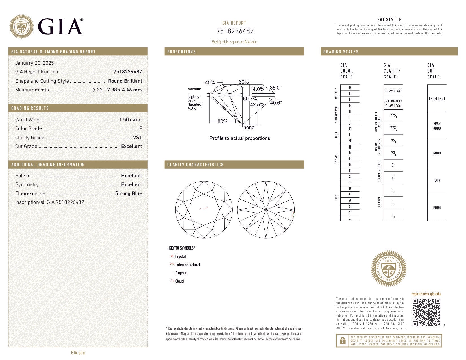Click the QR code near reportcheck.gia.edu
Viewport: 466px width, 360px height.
[426, 312]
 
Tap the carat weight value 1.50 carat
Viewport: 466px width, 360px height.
[130, 120]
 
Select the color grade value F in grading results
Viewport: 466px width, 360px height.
[140, 128]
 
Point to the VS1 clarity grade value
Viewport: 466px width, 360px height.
[137, 138]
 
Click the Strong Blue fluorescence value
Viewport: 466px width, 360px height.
[128, 193]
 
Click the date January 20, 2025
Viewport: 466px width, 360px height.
[34, 63]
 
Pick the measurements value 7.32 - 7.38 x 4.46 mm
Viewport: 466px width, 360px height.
[117, 90]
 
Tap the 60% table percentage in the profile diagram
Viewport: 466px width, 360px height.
[243, 82]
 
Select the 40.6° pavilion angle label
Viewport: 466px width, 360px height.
[276, 103]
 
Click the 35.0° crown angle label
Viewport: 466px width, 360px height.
[275, 88]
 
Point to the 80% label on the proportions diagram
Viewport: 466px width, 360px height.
[222, 121]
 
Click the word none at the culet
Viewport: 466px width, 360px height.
[249, 128]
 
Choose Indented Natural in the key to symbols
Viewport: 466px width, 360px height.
[188, 265]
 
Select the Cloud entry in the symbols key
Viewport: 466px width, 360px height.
[179, 281]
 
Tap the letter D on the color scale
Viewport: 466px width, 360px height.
[350, 88]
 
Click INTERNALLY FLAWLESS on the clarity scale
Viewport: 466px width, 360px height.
[393, 103]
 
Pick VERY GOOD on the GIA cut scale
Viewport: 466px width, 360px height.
[437, 126]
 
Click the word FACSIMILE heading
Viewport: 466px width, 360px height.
[389, 19]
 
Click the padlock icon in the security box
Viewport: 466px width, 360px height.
[342, 341]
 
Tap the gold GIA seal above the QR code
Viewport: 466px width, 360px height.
[388, 269]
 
